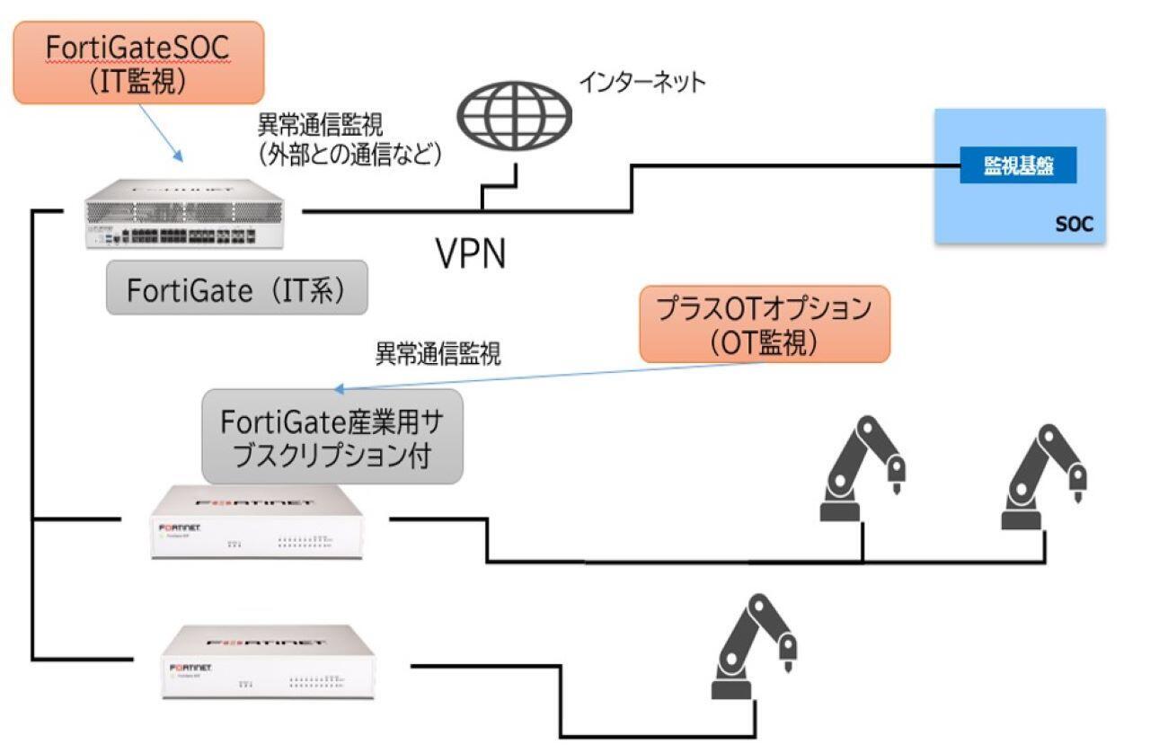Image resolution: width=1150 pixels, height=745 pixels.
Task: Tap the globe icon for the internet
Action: [513, 116]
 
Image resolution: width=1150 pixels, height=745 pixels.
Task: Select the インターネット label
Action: [641, 83]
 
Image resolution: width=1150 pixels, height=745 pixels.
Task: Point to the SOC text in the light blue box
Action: [1074, 224]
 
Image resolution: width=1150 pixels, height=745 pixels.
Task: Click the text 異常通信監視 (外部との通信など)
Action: [349, 139]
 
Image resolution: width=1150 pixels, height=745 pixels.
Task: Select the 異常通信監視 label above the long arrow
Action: [438, 351]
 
